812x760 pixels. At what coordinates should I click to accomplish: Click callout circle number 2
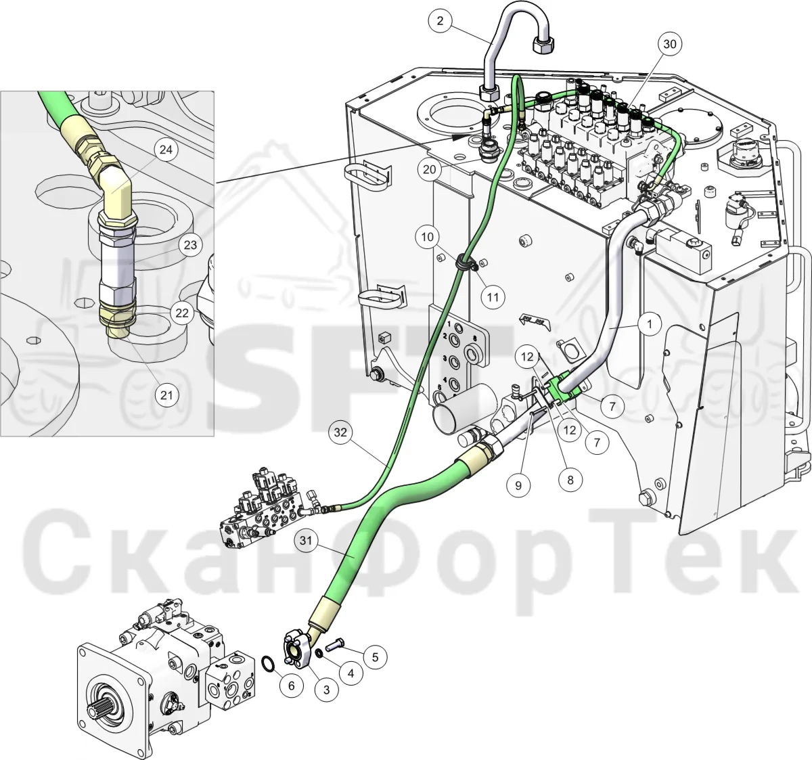tap(440, 21)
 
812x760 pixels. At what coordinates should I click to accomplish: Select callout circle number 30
tap(670, 44)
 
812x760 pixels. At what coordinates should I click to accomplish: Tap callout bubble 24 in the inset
tap(166, 150)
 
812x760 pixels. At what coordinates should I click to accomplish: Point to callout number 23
tap(191, 245)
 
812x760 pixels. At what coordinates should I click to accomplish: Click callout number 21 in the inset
tap(167, 395)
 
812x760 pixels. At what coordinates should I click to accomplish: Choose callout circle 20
tap(430, 169)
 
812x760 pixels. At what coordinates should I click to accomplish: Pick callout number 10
tap(427, 236)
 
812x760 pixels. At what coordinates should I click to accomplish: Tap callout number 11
tap(493, 297)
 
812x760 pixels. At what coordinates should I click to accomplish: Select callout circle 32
tap(340, 432)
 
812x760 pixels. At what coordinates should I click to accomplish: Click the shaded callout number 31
tap(306, 541)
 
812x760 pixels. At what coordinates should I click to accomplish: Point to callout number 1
tap(650, 324)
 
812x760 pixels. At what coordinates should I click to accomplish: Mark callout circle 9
tap(518, 485)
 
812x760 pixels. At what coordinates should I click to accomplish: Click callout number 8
tap(570, 480)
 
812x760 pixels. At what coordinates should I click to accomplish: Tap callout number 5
tap(375, 657)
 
